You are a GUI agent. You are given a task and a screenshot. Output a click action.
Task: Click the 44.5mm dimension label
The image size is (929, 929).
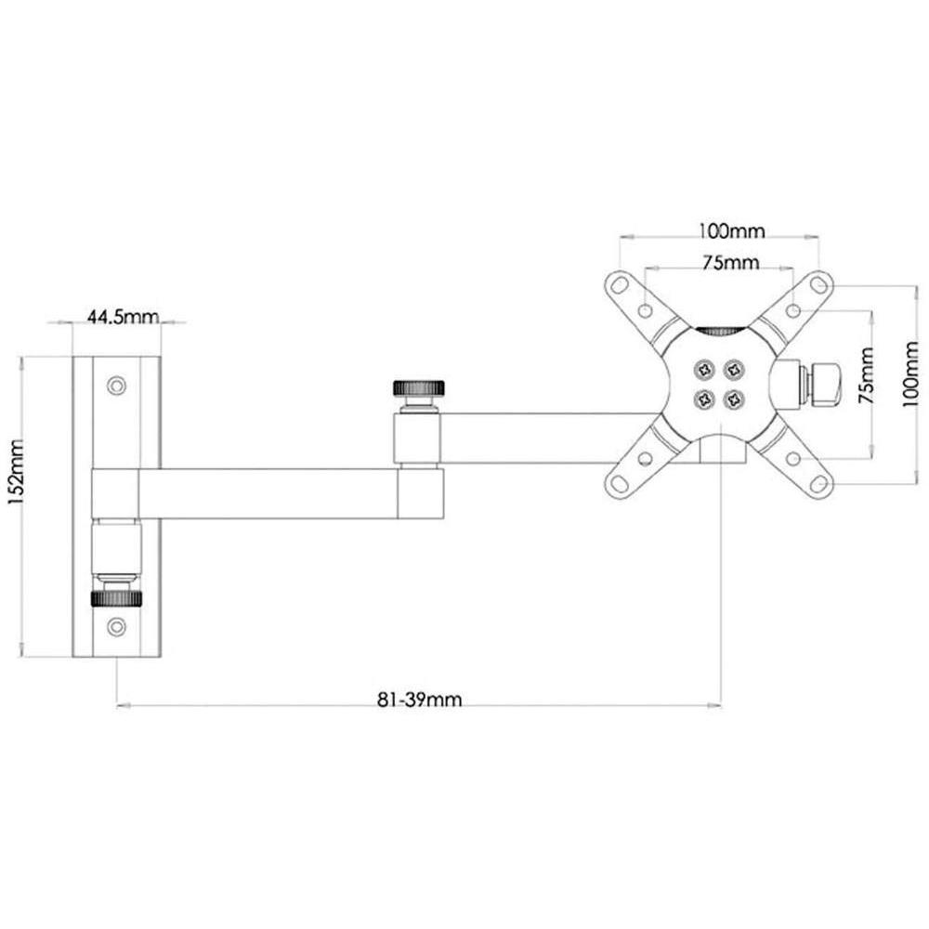[123, 317]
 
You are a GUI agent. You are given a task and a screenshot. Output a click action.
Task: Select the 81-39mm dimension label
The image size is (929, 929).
[420, 700]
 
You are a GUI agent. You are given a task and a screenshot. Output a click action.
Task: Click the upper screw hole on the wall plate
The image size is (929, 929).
[115, 384]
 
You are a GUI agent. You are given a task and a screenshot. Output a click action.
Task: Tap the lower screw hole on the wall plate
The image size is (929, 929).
[115, 626]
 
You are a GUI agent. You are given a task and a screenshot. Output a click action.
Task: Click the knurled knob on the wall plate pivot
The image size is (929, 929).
[115, 597]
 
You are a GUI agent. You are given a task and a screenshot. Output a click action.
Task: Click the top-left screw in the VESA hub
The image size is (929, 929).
[703, 369]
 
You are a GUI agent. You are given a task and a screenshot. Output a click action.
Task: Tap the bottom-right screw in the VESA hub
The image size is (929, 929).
[736, 399]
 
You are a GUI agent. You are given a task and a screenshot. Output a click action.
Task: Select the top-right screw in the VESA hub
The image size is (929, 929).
[736, 369]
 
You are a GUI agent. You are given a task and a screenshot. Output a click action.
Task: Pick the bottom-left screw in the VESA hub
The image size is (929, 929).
[703, 399]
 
